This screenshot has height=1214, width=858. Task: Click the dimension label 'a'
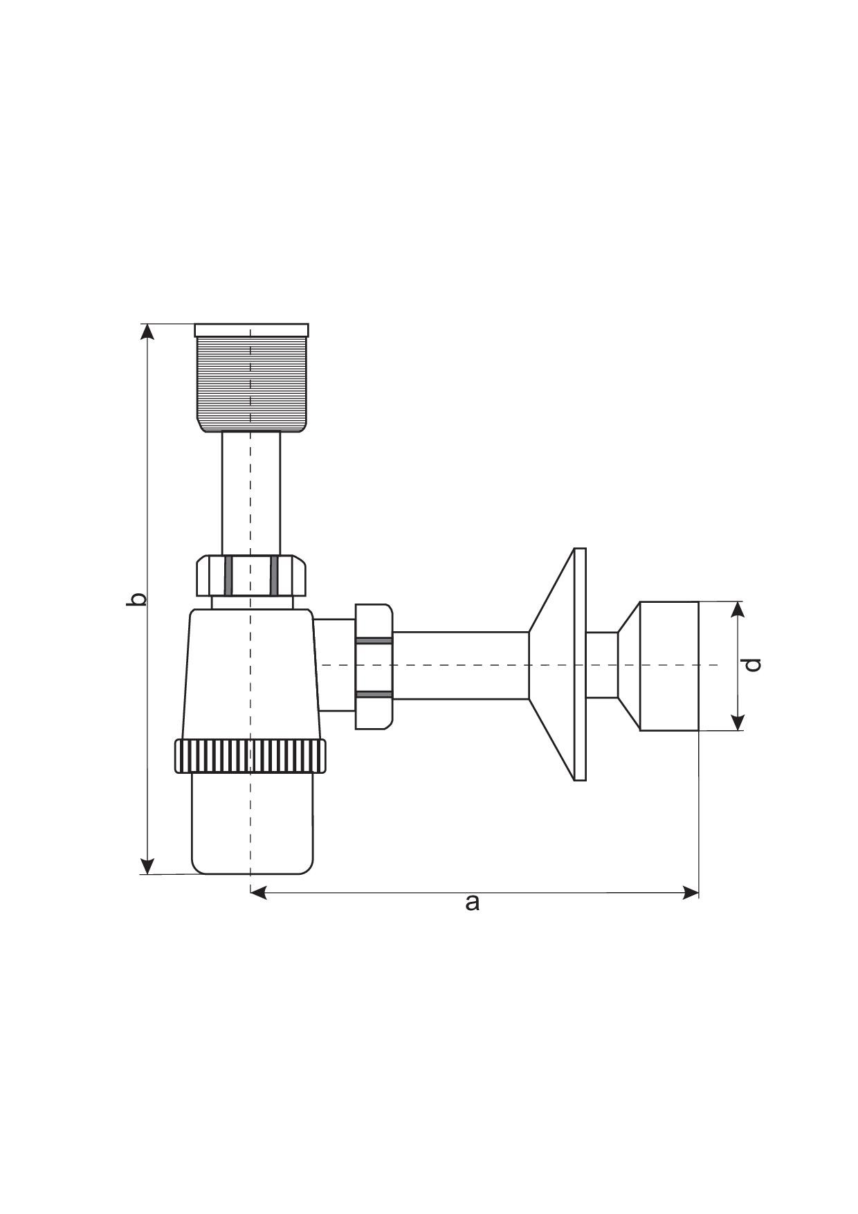(472, 903)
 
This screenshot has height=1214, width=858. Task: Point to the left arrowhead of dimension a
(258, 893)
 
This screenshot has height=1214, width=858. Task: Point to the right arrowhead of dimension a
(691, 893)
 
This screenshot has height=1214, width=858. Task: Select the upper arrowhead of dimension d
(738, 610)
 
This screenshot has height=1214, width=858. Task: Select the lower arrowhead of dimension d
(738, 722)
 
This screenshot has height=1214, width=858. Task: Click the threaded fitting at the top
(251, 384)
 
